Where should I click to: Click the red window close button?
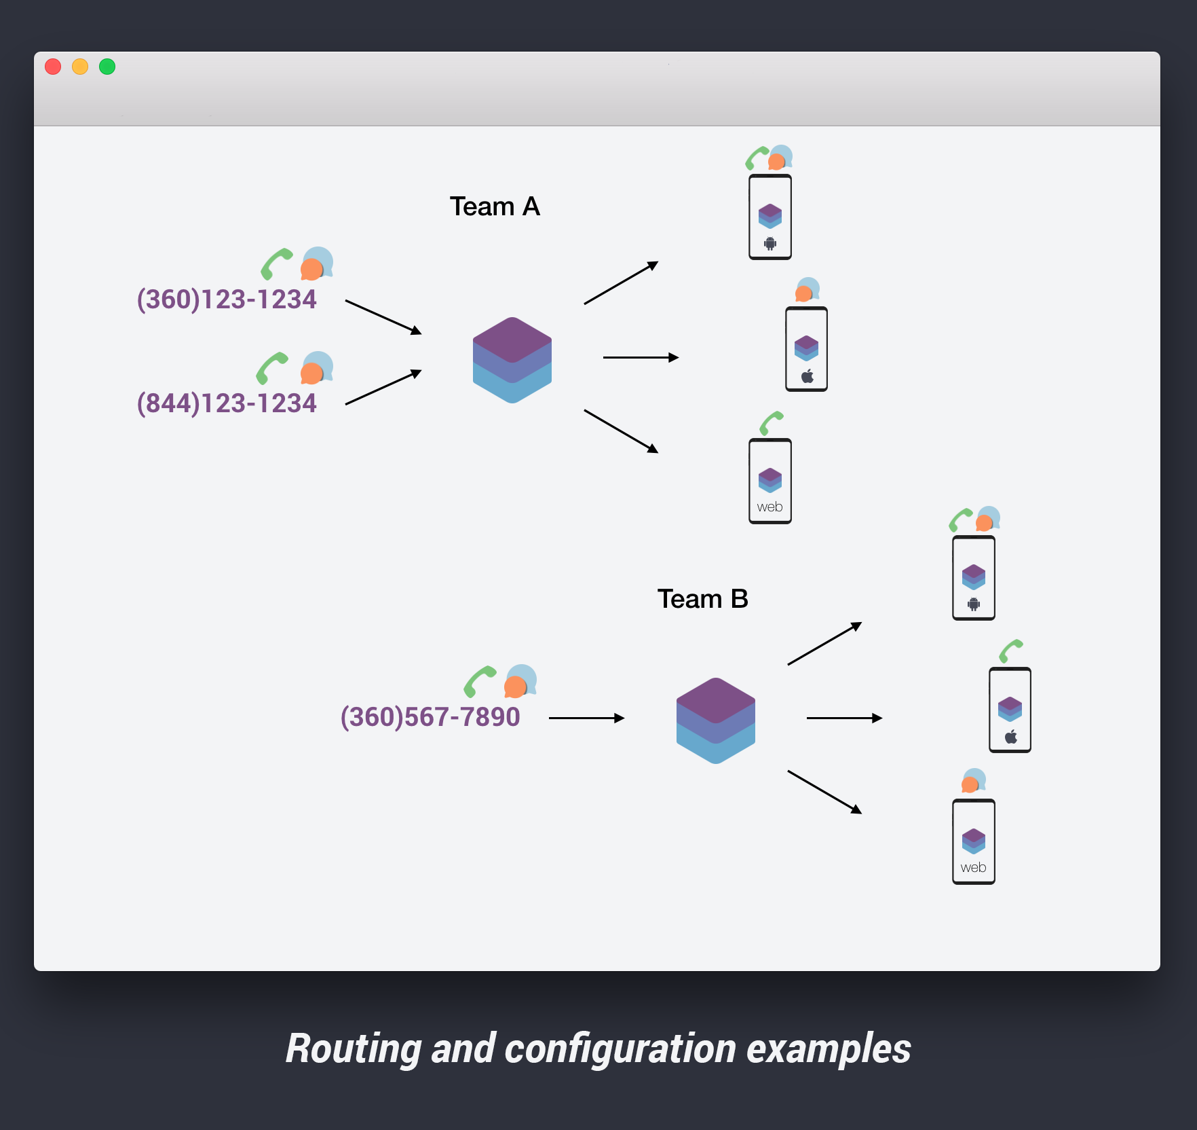click(53, 67)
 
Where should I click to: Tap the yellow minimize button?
click(80, 67)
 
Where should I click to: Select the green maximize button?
click(107, 67)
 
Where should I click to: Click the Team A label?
click(495, 206)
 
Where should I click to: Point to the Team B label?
click(702, 599)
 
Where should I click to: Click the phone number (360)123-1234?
click(227, 299)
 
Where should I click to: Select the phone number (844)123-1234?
click(227, 403)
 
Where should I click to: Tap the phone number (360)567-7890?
click(430, 717)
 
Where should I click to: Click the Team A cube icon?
click(512, 360)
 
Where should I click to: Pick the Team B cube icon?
click(716, 721)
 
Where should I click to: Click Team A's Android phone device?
click(770, 217)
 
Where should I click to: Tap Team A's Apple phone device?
click(806, 349)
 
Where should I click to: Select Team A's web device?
click(770, 481)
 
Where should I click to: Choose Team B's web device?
click(974, 841)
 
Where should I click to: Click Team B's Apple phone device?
click(1010, 710)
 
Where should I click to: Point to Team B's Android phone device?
click(974, 578)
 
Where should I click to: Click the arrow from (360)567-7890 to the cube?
click(586, 718)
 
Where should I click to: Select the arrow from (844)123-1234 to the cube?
click(383, 388)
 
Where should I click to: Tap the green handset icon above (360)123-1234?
click(276, 263)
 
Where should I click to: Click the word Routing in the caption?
click(354, 1049)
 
